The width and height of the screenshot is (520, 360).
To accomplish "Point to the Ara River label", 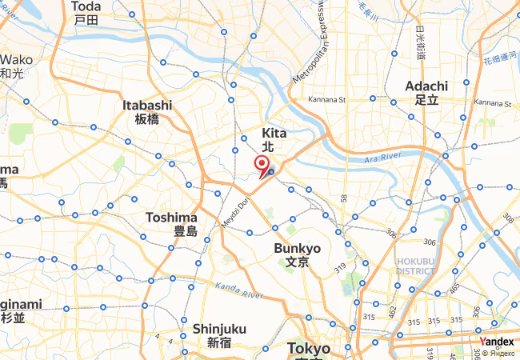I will [x=382, y=159].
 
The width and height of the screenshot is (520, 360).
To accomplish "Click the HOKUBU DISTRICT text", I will [x=415, y=266].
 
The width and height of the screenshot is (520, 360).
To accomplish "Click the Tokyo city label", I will [x=308, y=349].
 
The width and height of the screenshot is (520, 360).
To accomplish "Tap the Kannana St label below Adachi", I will [x=492, y=102].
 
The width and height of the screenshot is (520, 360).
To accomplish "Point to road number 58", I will [x=343, y=198].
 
